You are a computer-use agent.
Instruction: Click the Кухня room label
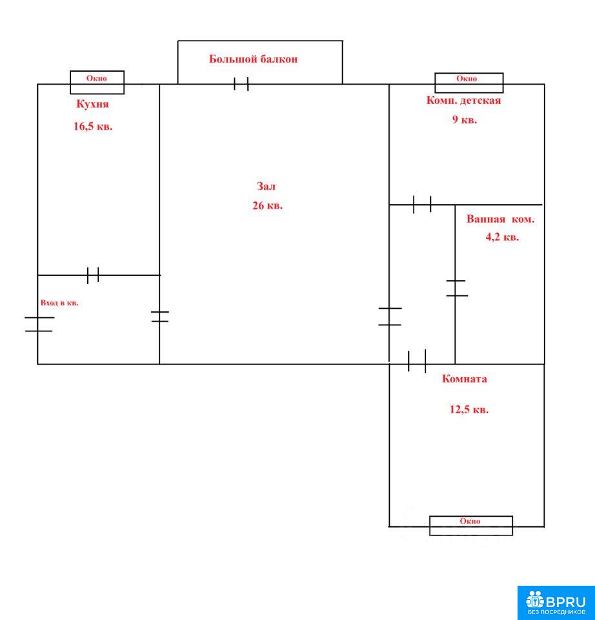point(92,105)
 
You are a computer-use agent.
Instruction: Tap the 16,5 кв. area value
point(93,127)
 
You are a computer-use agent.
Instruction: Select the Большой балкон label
point(253,59)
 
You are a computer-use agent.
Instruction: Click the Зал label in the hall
point(267,186)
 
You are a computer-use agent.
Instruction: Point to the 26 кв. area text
point(267,205)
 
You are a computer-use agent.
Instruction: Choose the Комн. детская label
point(463,101)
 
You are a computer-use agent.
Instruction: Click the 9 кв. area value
point(465,119)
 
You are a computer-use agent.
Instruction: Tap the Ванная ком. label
point(500,219)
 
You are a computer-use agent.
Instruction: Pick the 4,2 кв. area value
point(502,237)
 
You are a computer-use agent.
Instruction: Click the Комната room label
point(464,379)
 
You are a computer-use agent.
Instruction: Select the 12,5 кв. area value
point(469,409)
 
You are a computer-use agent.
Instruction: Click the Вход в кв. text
point(59,303)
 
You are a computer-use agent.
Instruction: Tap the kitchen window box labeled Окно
point(97,83)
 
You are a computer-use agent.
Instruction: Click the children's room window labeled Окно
point(469,83)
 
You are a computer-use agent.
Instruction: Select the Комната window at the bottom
point(471,526)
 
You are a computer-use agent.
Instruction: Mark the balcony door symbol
point(241,84)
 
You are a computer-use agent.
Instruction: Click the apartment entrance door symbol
point(39,324)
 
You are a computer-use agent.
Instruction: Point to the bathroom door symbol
point(457,288)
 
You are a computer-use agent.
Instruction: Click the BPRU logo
point(556,603)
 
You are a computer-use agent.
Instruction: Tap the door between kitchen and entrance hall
point(93,275)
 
